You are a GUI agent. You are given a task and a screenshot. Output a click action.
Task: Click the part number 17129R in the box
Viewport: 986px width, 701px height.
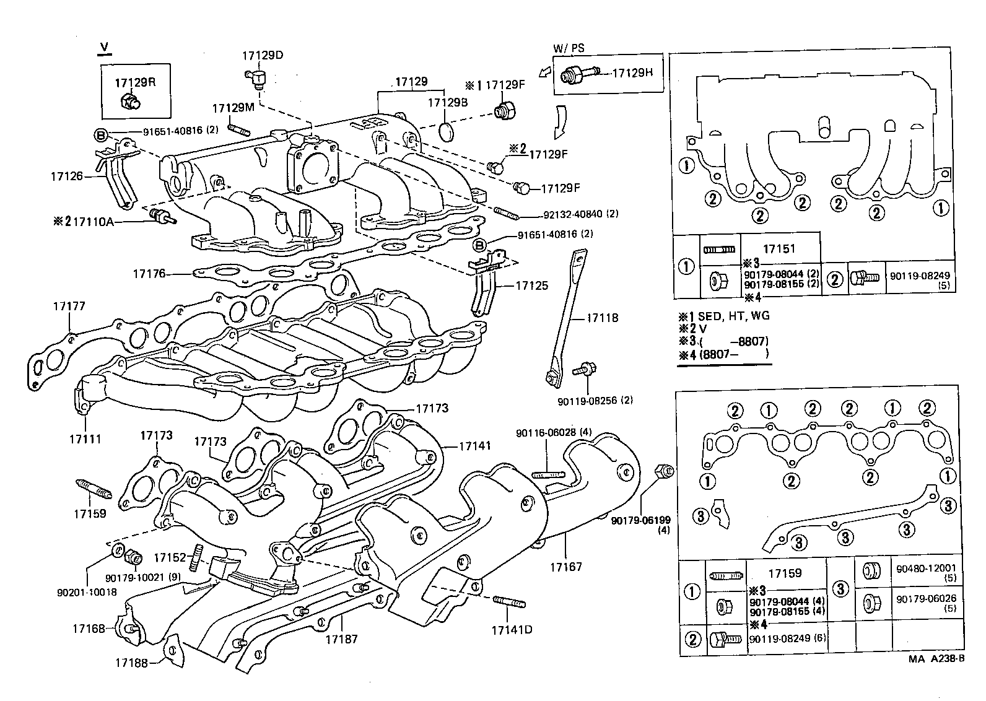coord(134,82)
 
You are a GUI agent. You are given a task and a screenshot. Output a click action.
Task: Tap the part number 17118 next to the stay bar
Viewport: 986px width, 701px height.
coord(603,318)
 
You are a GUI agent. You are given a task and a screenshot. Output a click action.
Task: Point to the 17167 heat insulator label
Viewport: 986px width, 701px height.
coord(565,567)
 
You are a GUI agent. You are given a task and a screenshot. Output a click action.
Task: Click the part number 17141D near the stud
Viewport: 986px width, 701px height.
coord(512,630)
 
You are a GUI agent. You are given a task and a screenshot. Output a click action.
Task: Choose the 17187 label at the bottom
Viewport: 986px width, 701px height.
coord(342,638)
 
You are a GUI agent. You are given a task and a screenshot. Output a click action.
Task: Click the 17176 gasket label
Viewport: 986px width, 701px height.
coord(149,272)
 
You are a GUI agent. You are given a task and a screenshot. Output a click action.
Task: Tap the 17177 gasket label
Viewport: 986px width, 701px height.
coord(69,306)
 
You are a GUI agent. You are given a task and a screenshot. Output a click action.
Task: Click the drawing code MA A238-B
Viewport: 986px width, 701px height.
coord(936,659)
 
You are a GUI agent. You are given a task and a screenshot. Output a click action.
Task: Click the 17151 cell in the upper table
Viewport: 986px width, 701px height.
coord(779,248)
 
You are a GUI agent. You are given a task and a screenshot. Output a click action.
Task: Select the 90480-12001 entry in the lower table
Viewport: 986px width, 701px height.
coord(926,567)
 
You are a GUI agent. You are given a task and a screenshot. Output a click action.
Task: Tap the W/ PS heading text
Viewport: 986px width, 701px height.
coord(568,48)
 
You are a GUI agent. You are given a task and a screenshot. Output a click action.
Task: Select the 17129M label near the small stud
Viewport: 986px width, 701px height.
coord(233,108)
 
